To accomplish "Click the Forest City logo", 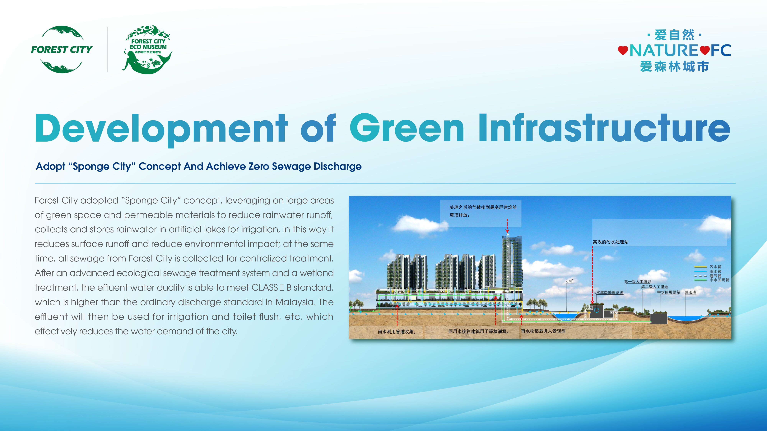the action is tap(62, 49).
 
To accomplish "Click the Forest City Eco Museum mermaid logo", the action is tap(148, 49).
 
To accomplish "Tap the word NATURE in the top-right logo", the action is tap(664, 51).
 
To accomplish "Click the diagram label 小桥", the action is tap(570, 281).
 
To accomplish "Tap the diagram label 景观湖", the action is tap(690, 292).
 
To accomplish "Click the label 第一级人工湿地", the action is tap(638, 282).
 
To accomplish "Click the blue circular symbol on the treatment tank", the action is tap(596, 310).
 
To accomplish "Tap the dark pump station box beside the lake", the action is tap(659, 318).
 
